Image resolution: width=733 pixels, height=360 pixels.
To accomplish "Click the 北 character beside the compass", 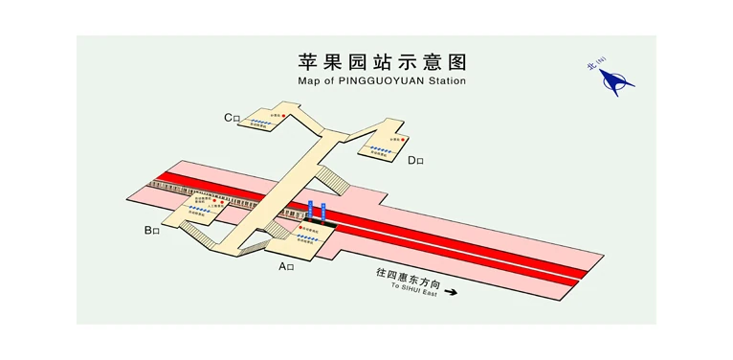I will (x=592, y=67).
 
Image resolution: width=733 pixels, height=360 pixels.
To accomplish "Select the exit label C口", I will (x=233, y=118).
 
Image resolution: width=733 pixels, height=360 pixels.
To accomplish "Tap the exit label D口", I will (x=415, y=160).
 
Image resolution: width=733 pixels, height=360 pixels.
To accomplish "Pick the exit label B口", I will (x=151, y=230).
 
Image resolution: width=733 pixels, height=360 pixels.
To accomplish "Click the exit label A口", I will (x=286, y=266).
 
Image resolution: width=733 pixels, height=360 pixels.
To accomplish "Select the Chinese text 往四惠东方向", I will (x=409, y=274).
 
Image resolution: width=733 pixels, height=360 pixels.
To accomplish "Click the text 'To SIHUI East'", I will (x=413, y=285).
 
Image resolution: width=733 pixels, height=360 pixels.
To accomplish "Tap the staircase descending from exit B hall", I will (x=196, y=233).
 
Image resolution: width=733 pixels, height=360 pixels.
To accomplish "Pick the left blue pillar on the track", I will (x=311, y=210).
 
